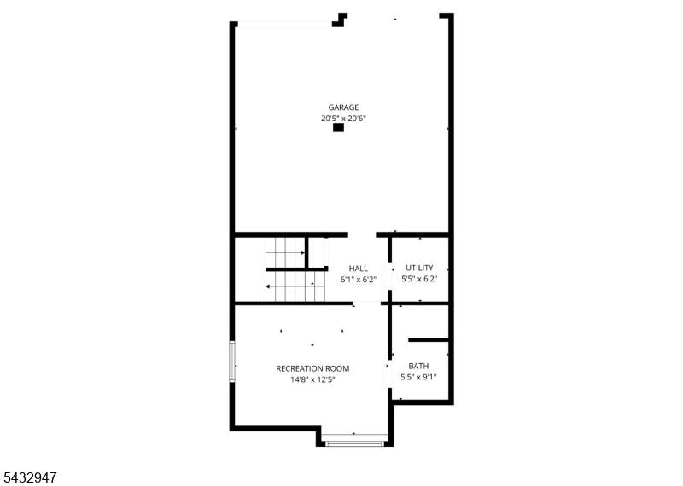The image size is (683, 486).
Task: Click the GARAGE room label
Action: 343,107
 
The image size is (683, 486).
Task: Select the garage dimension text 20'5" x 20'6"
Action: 343,118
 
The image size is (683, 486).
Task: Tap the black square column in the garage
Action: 338,128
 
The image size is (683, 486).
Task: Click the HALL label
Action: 358,269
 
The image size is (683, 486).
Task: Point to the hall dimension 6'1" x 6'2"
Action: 358,280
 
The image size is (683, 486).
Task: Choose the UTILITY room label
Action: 419,268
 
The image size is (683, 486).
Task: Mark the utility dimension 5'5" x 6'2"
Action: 419,279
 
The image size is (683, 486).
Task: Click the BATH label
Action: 418,366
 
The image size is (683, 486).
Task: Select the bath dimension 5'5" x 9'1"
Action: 418,377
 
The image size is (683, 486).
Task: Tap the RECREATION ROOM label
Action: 312,368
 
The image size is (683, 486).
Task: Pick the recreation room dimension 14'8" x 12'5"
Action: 312,379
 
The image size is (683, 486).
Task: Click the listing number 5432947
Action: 29,477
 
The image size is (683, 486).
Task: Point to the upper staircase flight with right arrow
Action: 285,252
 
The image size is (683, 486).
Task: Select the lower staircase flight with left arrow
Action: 295,286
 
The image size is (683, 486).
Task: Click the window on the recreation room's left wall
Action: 232,362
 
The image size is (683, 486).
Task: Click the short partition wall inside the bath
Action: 429,340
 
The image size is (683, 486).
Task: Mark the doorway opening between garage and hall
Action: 362,235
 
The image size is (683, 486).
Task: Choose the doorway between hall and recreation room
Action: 367,303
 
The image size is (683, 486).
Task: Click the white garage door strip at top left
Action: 285,25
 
